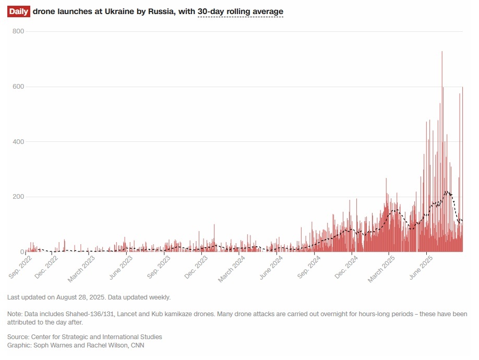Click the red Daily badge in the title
(x=18, y=11)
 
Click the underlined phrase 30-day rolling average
(x=240, y=11)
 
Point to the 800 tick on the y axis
(x=18, y=31)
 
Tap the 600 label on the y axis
(x=18, y=87)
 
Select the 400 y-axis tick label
(x=18, y=142)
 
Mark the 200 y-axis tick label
(x=18, y=197)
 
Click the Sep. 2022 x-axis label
(x=20, y=265)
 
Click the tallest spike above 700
(x=442, y=52)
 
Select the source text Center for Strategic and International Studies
(x=97, y=337)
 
